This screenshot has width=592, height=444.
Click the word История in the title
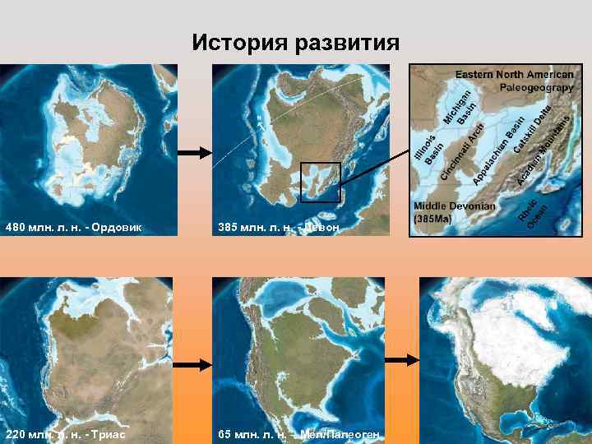point(239,43)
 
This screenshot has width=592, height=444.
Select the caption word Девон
point(320,226)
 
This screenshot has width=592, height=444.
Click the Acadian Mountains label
point(543,149)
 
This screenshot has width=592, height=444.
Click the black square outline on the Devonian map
point(320,182)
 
